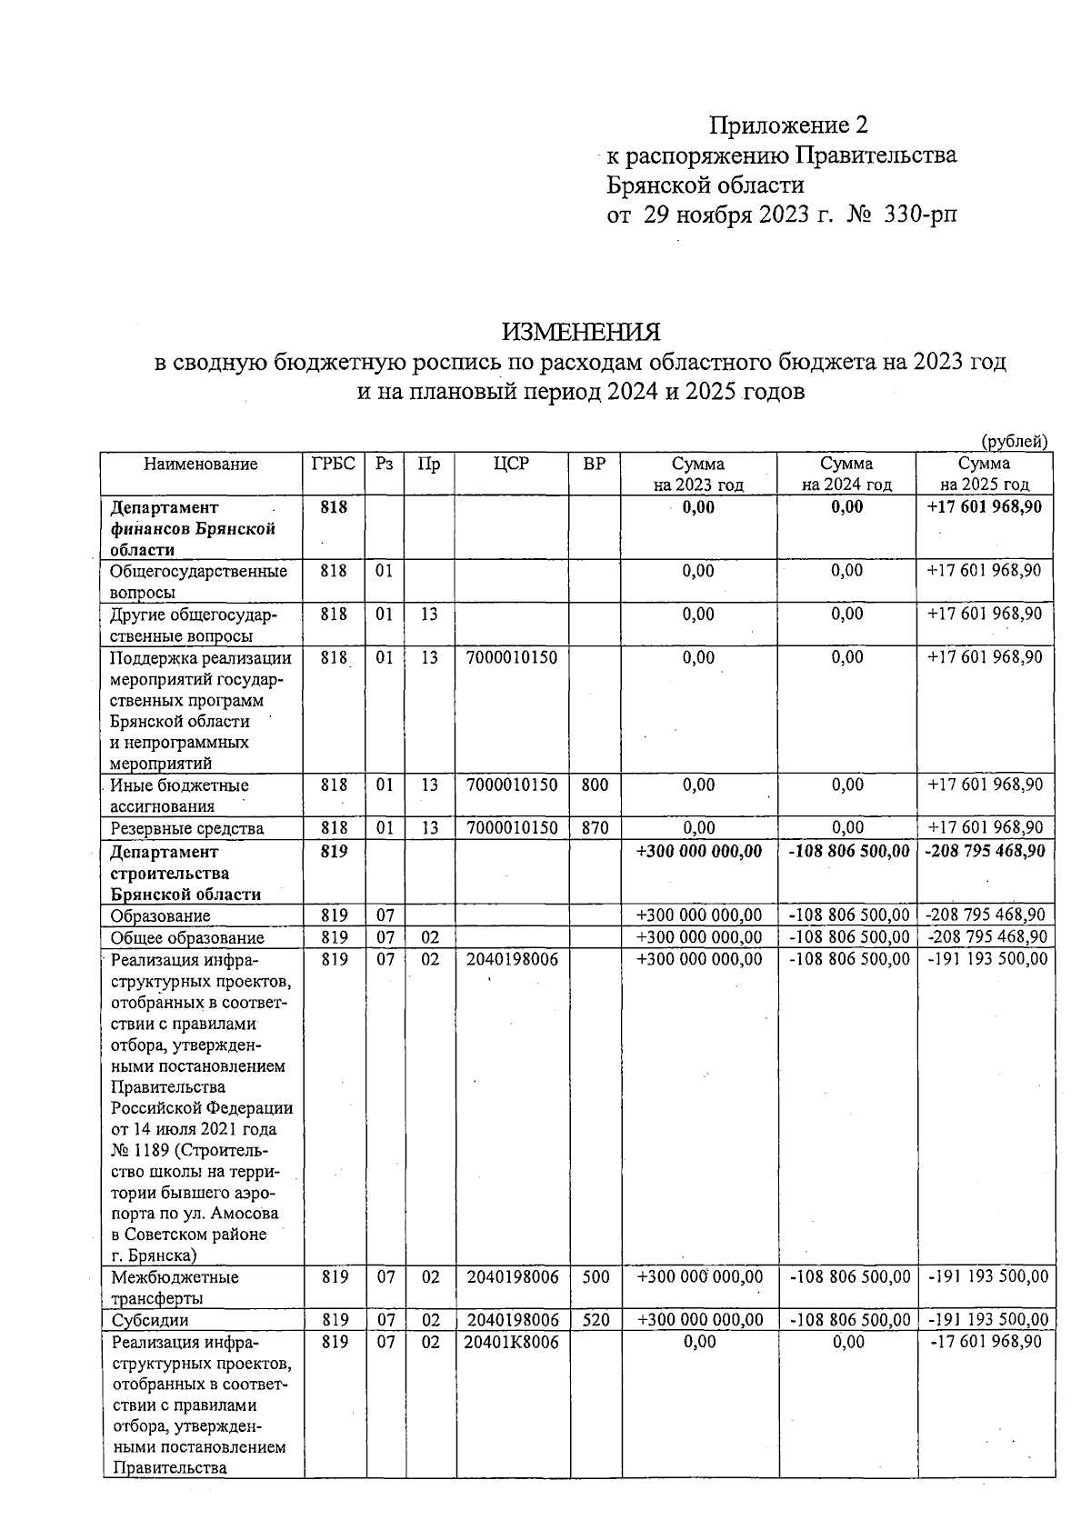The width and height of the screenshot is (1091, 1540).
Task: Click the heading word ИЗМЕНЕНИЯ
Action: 582,331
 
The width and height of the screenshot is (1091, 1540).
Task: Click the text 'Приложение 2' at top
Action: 789,125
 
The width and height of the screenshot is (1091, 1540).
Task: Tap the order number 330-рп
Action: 920,215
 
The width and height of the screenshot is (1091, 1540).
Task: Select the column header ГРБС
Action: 334,465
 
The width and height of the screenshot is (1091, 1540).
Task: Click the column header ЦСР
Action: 511,465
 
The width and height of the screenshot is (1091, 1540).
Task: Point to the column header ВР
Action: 594,465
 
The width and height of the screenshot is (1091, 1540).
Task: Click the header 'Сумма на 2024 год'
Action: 846,475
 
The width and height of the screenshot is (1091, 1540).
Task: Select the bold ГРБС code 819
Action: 335,853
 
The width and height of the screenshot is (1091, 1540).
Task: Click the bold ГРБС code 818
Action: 335,507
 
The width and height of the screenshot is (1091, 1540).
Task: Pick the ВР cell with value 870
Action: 595,828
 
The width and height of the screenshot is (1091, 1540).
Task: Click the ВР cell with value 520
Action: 596,1320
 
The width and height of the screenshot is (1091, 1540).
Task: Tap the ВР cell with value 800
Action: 595,785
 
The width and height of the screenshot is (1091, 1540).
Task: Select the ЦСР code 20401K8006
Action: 512,1342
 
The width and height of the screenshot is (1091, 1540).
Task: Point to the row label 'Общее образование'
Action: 187,938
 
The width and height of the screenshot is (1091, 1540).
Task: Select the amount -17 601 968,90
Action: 987,1342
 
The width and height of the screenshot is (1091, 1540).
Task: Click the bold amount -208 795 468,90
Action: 985,852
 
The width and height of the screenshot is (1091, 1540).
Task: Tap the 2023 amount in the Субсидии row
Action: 699,1320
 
